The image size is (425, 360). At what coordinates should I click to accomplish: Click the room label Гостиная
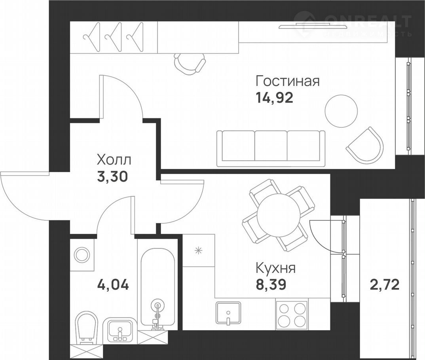(288, 81)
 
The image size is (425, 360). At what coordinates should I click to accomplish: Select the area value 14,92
(274, 98)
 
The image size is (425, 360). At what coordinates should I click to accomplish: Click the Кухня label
(276, 268)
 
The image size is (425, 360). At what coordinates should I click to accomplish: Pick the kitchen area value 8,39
(271, 285)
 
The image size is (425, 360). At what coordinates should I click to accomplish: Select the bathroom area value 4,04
(113, 285)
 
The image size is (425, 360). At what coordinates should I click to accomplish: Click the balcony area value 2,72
(384, 285)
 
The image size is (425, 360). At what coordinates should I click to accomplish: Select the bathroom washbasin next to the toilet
(120, 330)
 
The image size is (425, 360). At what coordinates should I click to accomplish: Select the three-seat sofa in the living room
(271, 148)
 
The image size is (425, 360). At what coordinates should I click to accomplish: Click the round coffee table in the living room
(341, 111)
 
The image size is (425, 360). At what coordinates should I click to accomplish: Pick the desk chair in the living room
(190, 64)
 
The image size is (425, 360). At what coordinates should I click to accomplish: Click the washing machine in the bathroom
(82, 255)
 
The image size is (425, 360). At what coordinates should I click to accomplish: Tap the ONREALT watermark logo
(352, 24)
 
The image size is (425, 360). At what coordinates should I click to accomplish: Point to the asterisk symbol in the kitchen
(199, 250)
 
